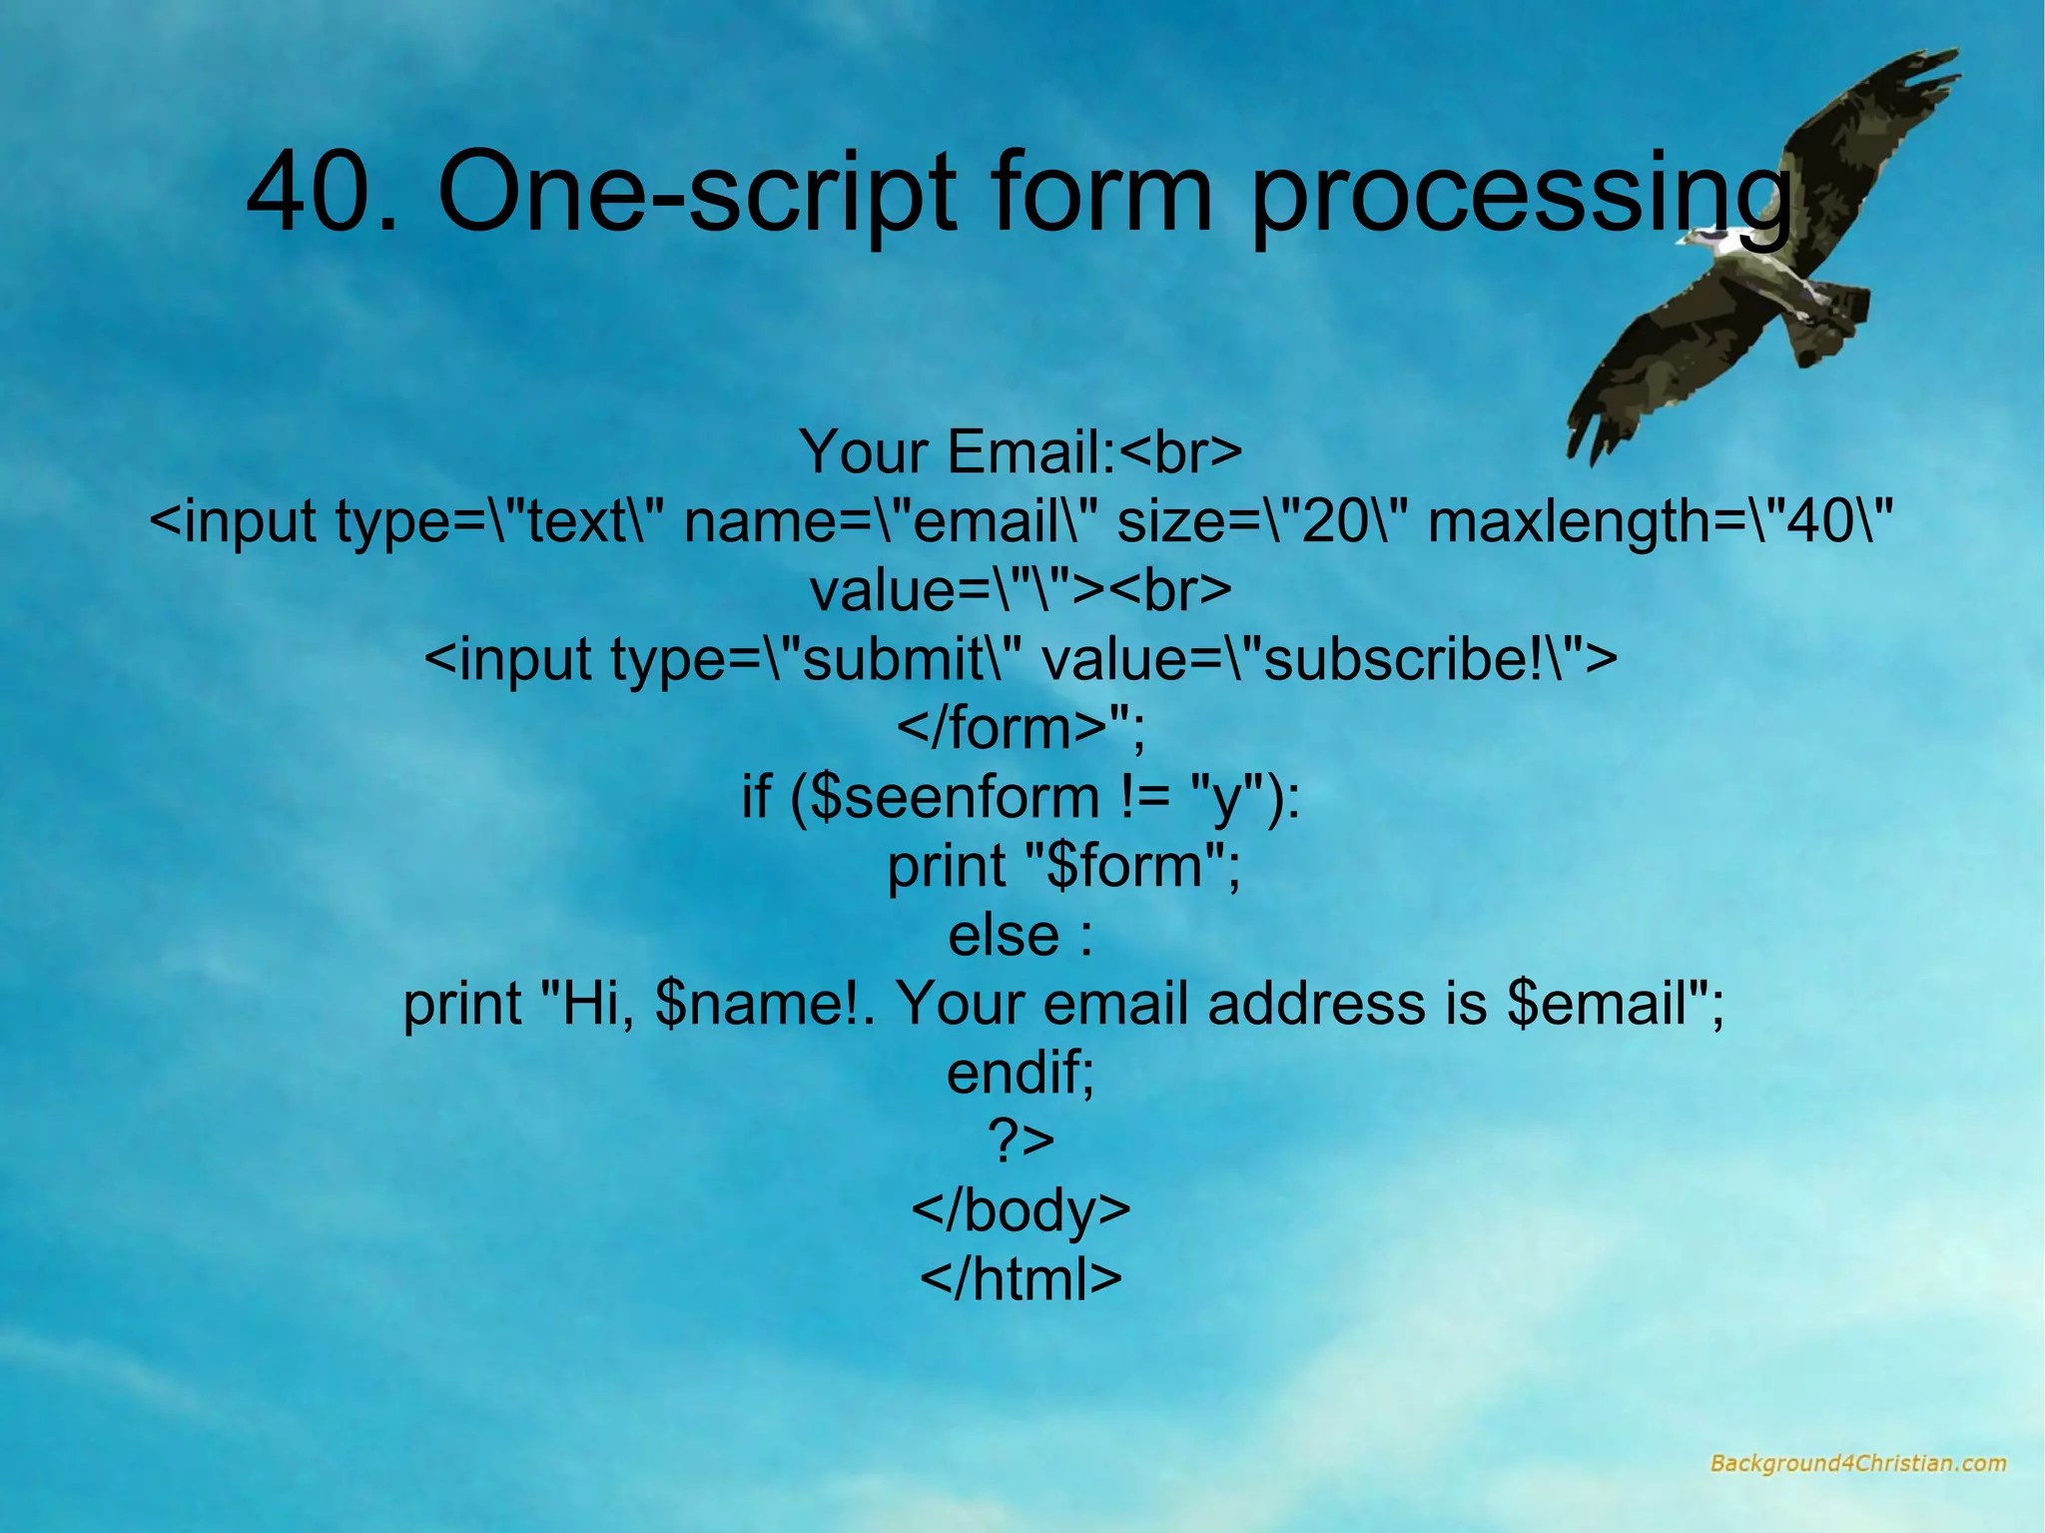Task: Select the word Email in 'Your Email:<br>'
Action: coord(1028,451)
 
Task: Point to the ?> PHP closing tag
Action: coord(1021,1141)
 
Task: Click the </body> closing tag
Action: coord(1021,1209)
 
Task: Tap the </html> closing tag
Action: coord(1021,1278)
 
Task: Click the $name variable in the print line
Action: coord(749,1004)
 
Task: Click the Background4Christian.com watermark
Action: coord(1857,1463)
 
